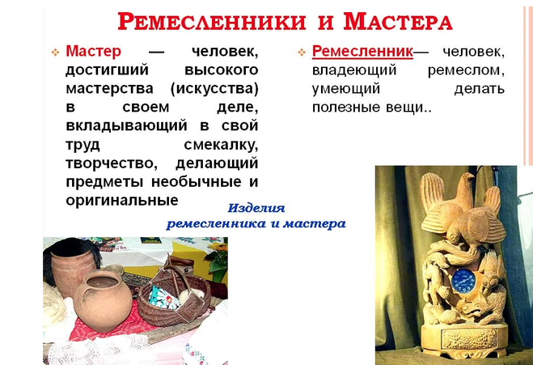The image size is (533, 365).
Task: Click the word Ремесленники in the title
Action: (x=212, y=21)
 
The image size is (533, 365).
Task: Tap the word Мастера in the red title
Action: (x=398, y=21)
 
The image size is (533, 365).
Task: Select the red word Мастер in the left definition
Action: (x=93, y=51)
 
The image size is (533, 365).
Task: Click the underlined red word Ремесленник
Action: (x=362, y=51)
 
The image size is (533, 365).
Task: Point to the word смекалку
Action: (x=221, y=145)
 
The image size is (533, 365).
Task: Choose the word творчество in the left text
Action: (x=112, y=163)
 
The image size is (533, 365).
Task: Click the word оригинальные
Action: (x=122, y=201)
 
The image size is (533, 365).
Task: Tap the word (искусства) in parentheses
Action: (x=214, y=89)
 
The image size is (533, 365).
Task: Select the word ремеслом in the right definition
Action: (x=466, y=70)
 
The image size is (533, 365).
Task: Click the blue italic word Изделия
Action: (x=256, y=208)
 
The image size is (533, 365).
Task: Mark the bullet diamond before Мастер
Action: (x=55, y=52)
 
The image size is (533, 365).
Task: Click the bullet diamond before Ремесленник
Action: (x=302, y=52)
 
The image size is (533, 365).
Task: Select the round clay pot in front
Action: (x=103, y=301)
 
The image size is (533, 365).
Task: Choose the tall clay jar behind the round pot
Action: (x=71, y=269)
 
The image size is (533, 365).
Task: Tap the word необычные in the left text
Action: (x=198, y=182)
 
